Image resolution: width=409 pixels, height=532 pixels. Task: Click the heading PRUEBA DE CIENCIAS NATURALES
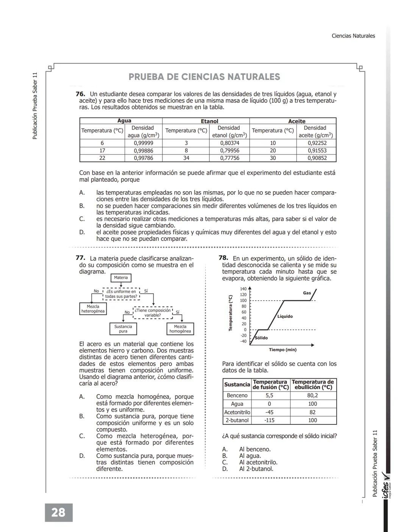pos(204,77)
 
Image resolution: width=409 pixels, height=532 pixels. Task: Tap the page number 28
pos(58,512)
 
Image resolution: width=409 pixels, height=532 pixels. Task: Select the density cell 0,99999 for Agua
pos(143,143)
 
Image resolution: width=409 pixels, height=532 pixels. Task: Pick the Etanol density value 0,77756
pos(229,158)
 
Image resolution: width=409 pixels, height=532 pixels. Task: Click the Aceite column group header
pos(297,121)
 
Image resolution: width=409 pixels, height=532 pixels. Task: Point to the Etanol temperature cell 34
pos(186,158)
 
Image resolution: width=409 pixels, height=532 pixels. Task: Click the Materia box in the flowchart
pos(121,278)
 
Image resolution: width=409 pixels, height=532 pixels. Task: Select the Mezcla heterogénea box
pos(93,309)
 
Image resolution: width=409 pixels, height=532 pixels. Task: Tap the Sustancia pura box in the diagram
pos(123,329)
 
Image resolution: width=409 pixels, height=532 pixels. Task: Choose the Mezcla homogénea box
pos(180,329)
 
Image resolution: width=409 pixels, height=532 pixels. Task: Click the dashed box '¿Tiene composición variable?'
pos(153,313)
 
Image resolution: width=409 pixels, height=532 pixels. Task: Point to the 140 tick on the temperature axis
pos(243,289)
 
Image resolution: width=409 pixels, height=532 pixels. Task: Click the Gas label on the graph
pos(307,293)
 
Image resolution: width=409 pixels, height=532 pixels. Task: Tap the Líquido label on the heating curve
pos(285,316)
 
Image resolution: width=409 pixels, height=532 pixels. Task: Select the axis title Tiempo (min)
pos(283,349)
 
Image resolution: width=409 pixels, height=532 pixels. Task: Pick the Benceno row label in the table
pos(237,395)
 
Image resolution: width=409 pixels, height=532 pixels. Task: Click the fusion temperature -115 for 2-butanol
pos(269,420)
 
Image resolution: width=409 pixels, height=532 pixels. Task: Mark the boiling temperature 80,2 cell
pos(312,395)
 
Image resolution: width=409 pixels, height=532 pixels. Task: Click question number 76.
pos(80,94)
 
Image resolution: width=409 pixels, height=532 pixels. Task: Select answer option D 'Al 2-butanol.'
pos(256,469)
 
